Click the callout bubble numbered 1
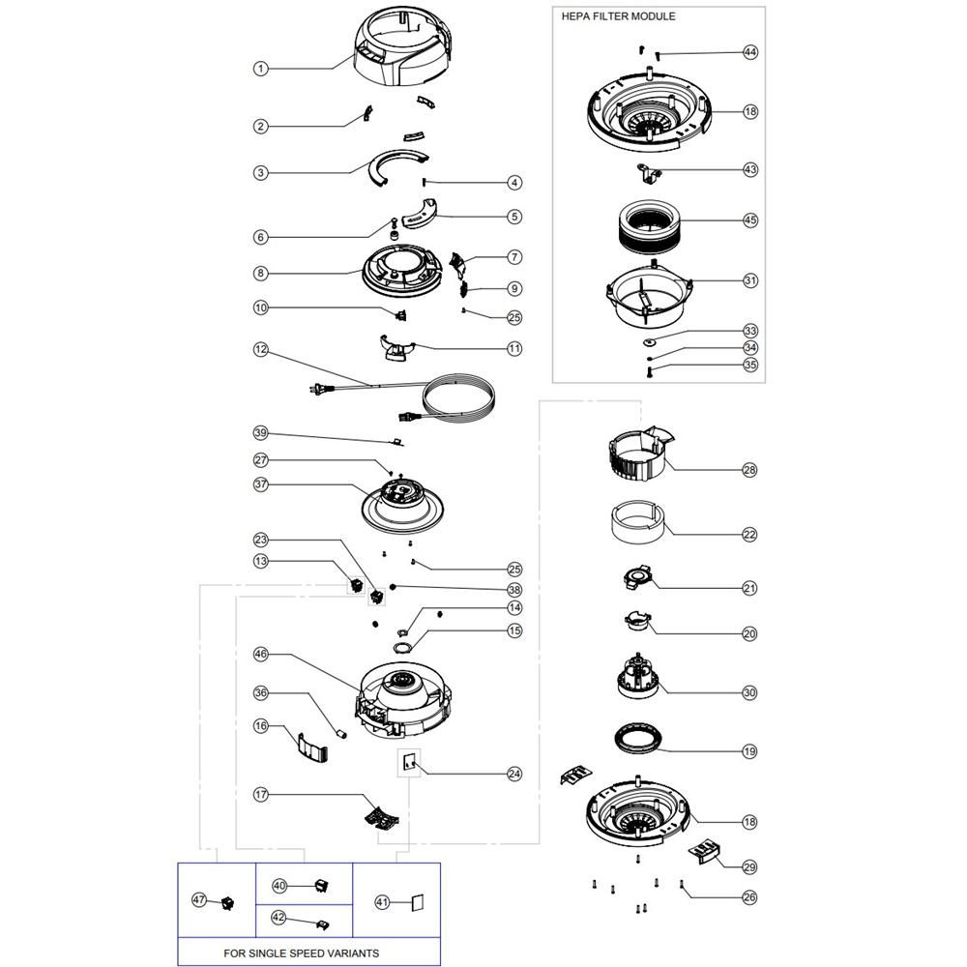(x=260, y=69)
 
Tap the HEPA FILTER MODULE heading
(x=618, y=16)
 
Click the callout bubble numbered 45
(x=750, y=220)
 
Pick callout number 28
(x=750, y=470)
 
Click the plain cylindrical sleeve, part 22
(x=637, y=523)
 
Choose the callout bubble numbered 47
(x=200, y=899)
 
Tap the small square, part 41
(x=414, y=901)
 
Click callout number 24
(x=514, y=774)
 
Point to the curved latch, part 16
(x=311, y=746)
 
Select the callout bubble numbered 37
(x=260, y=483)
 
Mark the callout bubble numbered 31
(x=750, y=280)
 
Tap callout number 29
(x=750, y=866)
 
